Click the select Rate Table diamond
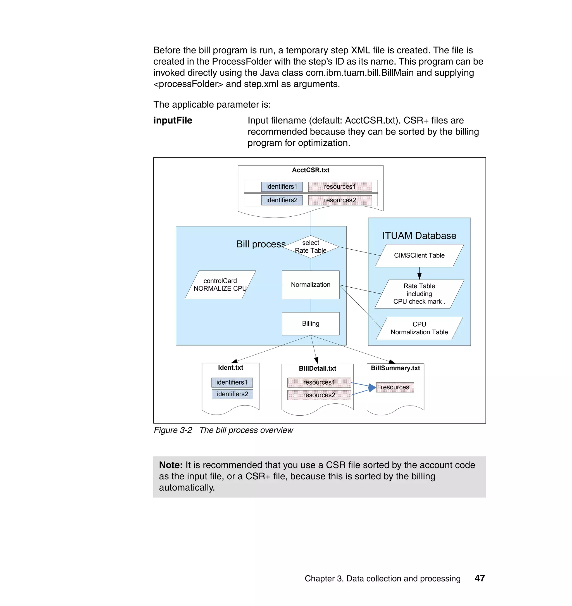click(x=310, y=247)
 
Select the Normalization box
click(x=310, y=285)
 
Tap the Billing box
click(x=310, y=323)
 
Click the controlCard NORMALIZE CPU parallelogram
click(x=220, y=285)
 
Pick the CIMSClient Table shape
click(x=419, y=255)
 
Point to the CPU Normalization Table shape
click(x=419, y=328)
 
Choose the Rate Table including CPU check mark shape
click(x=419, y=294)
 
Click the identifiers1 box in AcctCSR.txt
click(x=282, y=186)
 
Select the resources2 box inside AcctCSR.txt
click(x=340, y=200)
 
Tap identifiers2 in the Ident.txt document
click(x=232, y=394)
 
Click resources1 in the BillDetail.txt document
click(x=319, y=382)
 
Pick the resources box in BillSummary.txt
click(x=395, y=387)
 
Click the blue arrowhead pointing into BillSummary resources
click(x=372, y=387)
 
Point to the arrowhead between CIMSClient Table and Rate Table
click(x=419, y=276)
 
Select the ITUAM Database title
click(x=419, y=236)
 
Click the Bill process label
click(x=261, y=244)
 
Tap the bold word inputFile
click(x=173, y=120)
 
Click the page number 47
click(x=480, y=578)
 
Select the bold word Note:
click(x=171, y=465)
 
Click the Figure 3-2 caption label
click(x=173, y=430)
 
